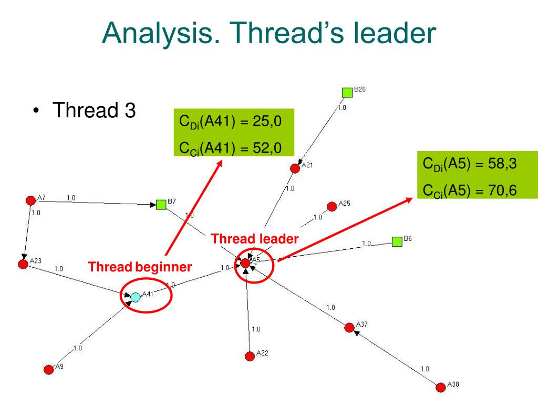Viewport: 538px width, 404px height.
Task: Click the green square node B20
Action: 347,93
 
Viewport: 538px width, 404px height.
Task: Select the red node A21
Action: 295,168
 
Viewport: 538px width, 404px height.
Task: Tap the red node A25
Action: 332,206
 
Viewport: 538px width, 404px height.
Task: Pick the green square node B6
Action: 397,241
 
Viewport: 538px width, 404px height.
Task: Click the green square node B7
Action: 161,204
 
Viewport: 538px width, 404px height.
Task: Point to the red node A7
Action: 30,200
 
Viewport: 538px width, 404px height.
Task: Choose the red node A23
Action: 23,264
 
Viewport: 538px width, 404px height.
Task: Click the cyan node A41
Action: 136,297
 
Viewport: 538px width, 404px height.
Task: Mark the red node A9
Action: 49,369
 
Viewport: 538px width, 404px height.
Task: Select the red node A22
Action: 250,356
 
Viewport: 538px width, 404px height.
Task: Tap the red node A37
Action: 349,327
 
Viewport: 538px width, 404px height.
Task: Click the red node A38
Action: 441,387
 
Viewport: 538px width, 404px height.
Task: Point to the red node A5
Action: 245,262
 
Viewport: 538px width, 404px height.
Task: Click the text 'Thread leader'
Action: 255,239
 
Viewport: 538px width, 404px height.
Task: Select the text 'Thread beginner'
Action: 140,267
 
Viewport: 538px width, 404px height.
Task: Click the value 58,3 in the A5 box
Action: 502,165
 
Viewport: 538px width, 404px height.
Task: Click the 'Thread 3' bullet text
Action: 94,110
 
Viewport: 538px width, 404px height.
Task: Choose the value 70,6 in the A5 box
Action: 502,190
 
